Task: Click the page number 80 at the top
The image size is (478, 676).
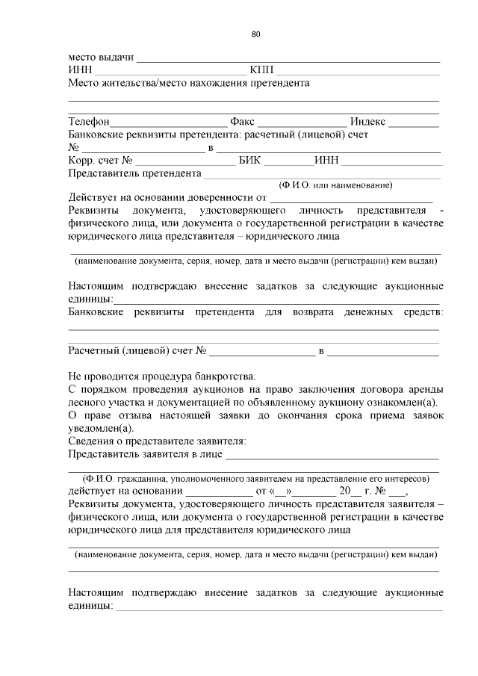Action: [x=255, y=34]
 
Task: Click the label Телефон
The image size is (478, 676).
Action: [x=89, y=122]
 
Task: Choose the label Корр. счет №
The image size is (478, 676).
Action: [x=100, y=161]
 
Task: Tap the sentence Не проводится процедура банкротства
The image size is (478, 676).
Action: [x=162, y=376]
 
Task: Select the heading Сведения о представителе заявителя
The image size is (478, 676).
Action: [x=158, y=441]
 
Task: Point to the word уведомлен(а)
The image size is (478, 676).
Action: [x=101, y=428]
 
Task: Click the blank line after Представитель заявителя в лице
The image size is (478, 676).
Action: [x=332, y=456]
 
